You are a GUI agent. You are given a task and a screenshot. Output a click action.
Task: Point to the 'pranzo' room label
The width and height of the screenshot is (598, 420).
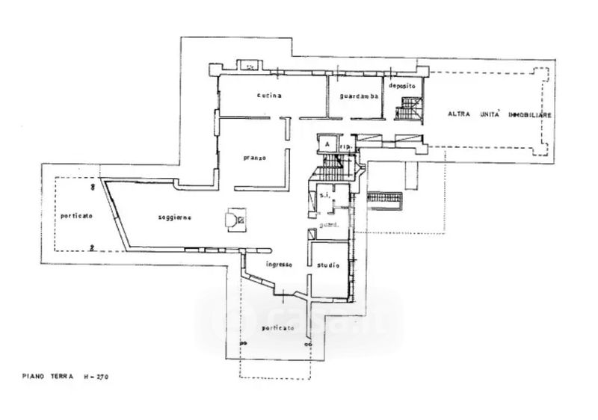click(x=256, y=158)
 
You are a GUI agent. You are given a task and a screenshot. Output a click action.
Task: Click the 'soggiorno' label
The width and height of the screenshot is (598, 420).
click(x=176, y=217)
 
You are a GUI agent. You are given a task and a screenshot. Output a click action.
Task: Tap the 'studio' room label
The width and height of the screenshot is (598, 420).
click(x=327, y=265)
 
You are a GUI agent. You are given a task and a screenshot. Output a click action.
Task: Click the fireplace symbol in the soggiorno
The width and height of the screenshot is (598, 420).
click(x=238, y=219)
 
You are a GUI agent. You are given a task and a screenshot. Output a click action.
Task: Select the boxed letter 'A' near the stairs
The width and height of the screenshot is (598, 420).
click(x=327, y=143)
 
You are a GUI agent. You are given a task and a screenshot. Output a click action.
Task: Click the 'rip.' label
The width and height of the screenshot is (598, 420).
click(x=345, y=147)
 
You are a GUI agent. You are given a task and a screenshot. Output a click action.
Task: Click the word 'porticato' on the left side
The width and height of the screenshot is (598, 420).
click(x=76, y=215)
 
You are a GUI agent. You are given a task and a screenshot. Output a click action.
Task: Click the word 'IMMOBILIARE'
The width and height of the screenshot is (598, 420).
click(x=530, y=114)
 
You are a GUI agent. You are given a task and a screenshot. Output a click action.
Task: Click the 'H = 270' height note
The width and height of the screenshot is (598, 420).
click(x=99, y=377)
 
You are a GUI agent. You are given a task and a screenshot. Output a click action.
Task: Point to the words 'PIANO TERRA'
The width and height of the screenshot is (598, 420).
click(x=46, y=377)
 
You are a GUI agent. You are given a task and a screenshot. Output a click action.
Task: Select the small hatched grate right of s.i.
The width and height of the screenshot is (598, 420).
click(x=385, y=200)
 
